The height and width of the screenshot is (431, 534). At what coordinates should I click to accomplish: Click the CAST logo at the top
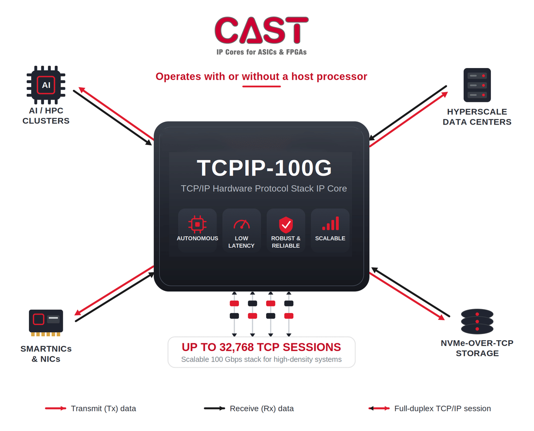(x=261, y=30)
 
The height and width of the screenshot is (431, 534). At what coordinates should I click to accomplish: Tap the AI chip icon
(x=46, y=85)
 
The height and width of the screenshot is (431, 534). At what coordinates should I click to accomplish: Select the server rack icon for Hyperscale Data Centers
(x=477, y=85)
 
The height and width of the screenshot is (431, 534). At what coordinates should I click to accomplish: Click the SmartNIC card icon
(x=46, y=323)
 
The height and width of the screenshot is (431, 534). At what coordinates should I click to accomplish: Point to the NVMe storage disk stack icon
(x=477, y=321)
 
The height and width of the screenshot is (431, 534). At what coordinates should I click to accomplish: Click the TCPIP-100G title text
(x=264, y=168)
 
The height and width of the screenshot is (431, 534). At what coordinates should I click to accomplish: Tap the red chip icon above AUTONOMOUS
(x=197, y=224)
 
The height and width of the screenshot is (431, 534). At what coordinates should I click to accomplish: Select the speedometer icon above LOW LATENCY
(x=242, y=224)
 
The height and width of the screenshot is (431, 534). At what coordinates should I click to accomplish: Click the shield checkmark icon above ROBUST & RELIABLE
(x=286, y=225)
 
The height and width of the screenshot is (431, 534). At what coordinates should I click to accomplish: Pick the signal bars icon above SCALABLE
(x=331, y=223)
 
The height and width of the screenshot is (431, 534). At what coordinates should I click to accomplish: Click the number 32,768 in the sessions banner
(x=236, y=347)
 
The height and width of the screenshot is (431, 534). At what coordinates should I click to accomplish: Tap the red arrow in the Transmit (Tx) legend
(x=56, y=408)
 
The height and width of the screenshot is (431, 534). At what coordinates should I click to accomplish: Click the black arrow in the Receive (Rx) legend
(x=214, y=408)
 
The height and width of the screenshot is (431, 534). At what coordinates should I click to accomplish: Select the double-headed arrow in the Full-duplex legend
(x=379, y=408)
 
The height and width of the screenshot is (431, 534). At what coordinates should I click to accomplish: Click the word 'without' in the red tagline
(x=260, y=77)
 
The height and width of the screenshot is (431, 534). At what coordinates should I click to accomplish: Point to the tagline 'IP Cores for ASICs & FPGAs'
(x=262, y=52)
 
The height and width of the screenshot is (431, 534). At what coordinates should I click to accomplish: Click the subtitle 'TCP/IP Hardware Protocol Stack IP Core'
(x=264, y=189)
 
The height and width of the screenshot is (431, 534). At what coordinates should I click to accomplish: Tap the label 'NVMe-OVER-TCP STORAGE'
(x=477, y=348)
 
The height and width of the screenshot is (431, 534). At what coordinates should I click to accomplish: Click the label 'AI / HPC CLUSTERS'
(x=46, y=116)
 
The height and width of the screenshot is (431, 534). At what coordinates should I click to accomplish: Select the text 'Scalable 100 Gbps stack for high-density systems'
(x=261, y=359)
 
